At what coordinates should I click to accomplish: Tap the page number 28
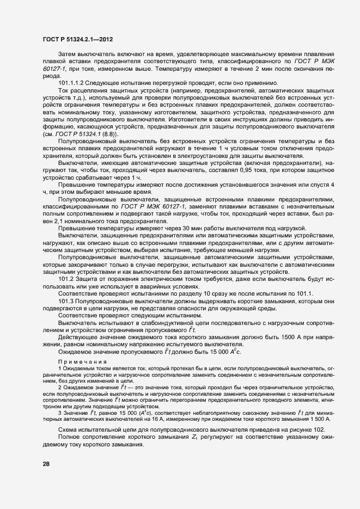(46, 463)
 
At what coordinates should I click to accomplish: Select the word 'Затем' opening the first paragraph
(67, 55)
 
